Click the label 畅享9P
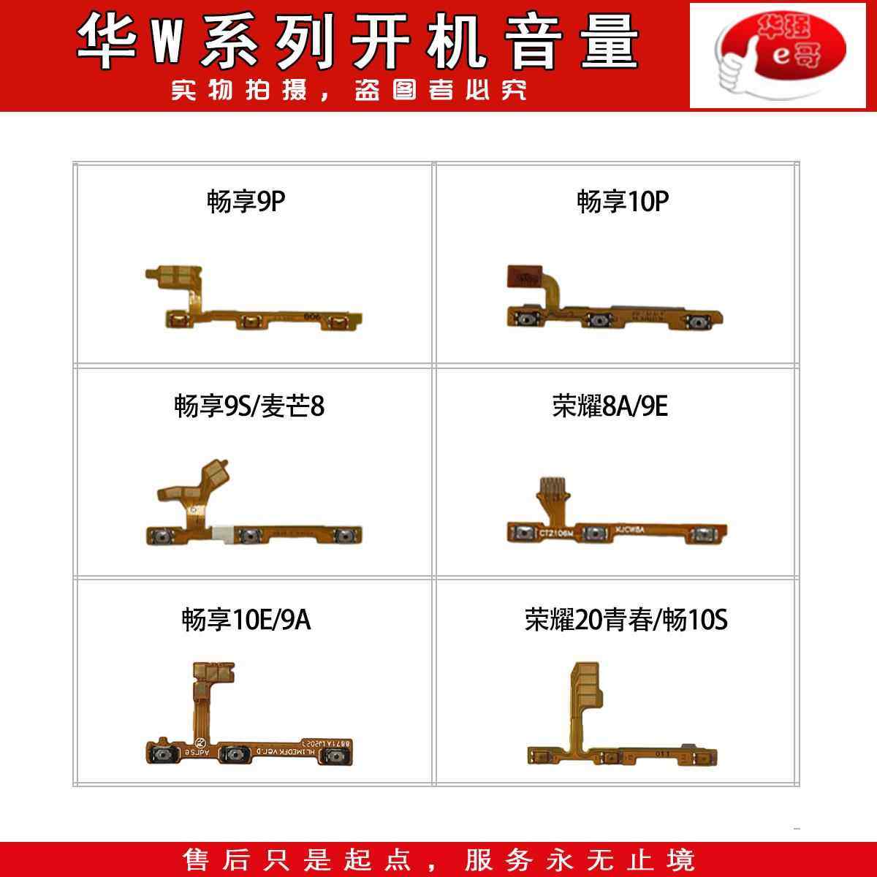click(246, 202)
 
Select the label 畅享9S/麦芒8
click(249, 406)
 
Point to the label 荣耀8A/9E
click(610, 406)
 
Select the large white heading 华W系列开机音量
click(358, 42)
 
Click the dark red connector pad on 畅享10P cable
click(522, 276)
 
